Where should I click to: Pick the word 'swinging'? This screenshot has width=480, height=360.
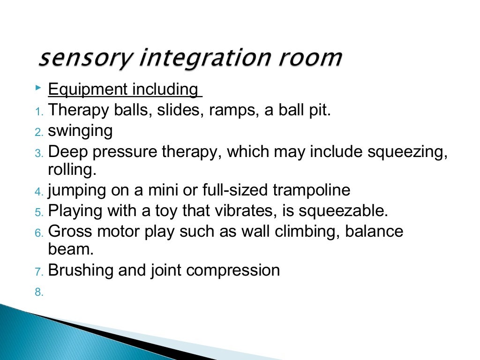[x=80, y=132]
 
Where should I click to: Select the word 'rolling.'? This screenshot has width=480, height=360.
[x=72, y=169]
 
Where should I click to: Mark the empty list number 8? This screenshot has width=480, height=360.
[x=38, y=292]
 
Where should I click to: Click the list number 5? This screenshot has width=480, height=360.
[x=38, y=212]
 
